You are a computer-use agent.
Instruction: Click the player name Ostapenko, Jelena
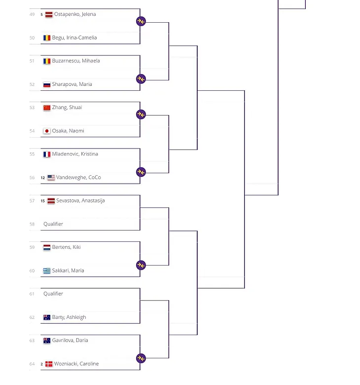pyautogui.click(x=74, y=14)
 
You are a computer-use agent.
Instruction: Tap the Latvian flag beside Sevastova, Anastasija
pyautogui.click(x=51, y=201)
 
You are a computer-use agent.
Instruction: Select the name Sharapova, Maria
pyautogui.click(x=72, y=84)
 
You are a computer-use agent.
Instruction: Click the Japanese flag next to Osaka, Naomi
pyautogui.click(x=47, y=131)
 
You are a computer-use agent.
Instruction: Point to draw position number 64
pyautogui.click(x=32, y=364)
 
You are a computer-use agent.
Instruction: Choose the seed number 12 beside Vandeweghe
pyautogui.click(x=43, y=178)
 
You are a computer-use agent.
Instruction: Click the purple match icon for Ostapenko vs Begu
pyautogui.click(x=141, y=21)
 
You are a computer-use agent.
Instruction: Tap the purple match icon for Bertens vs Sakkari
pyautogui.click(x=141, y=265)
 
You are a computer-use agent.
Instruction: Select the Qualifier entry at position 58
pyautogui.click(x=53, y=224)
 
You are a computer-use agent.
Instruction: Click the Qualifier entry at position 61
pyautogui.click(x=53, y=294)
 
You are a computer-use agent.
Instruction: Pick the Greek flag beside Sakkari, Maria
pyautogui.click(x=47, y=270)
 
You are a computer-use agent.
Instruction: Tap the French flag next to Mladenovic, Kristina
pyautogui.click(x=47, y=154)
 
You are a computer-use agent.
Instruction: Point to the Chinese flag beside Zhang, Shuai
pyautogui.click(x=47, y=108)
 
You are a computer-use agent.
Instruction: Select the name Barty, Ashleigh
pyautogui.click(x=69, y=317)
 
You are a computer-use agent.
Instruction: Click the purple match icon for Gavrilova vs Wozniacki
pyautogui.click(x=141, y=358)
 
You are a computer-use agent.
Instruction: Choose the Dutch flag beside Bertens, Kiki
pyautogui.click(x=47, y=247)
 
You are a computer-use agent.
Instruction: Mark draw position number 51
pyautogui.click(x=32, y=61)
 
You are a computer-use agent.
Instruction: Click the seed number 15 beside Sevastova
pyautogui.click(x=43, y=201)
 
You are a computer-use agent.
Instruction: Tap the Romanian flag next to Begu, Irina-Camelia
pyautogui.click(x=47, y=38)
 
